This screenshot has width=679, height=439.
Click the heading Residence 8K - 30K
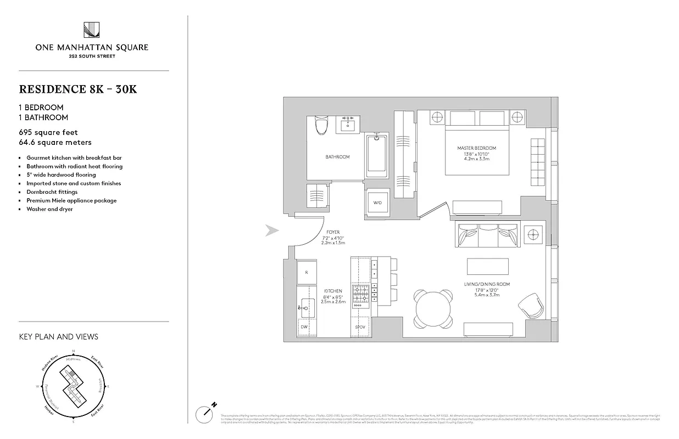(x=77, y=89)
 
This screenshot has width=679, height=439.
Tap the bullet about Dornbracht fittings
(x=52, y=192)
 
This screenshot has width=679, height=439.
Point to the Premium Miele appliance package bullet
(x=71, y=200)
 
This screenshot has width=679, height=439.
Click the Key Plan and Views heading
(x=58, y=336)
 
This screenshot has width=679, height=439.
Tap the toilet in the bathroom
(x=320, y=126)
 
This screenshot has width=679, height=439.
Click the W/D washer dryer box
(x=377, y=202)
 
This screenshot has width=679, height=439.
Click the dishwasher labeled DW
(x=304, y=327)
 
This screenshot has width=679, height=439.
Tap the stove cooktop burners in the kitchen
(x=361, y=295)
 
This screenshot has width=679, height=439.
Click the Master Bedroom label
(x=476, y=148)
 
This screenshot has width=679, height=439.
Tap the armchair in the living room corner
(x=530, y=305)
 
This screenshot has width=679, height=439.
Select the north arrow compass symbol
(x=204, y=413)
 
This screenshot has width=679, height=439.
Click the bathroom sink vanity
(x=347, y=125)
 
